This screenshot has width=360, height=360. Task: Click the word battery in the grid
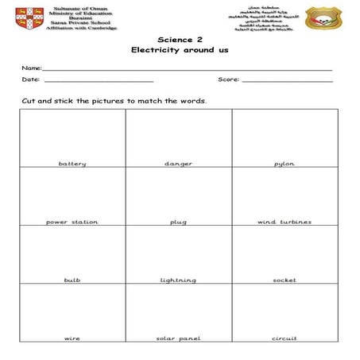pyautogui.click(x=72, y=164)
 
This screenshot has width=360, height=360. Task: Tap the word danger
pyautogui.click(x=178, y=164)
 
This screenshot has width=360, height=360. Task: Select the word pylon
pyautogui.click(x=285, y=164)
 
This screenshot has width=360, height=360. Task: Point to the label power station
pyautogui.click(x=72, y=222)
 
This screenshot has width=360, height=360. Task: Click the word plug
pyautogui.click(x=178, y=222)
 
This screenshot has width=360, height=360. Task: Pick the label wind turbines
pyautogui.click(x=285, y=222)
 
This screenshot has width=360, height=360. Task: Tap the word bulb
pyautogui.click(x=72, y=281)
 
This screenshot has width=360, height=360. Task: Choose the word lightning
pyautogui.click(x=178, y=281)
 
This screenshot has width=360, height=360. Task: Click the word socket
pyautogui.click(x=285, y=281)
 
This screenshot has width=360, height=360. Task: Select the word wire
pyautogui.click(x=72, y=339)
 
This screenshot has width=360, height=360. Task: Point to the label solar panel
pyautogui.click(x=178, y=339)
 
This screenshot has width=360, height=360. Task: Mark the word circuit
pyautogui.click(x=285, y=339)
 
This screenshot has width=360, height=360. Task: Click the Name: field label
pyautogui.click(x=32, y=70)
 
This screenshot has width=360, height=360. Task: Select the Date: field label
pyautogui.click(x=30, y=80)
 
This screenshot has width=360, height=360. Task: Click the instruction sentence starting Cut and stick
pyautogui.click(x=114, y=102)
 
